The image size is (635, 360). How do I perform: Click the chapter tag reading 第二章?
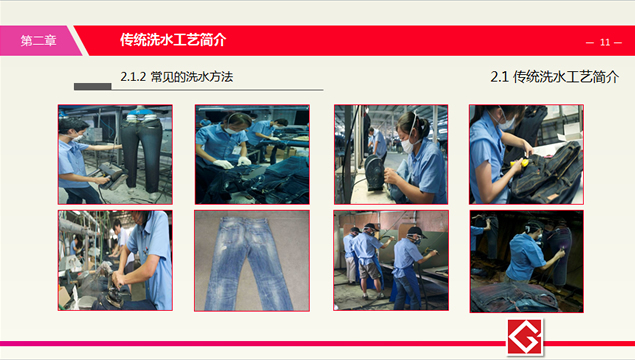coord(38,40)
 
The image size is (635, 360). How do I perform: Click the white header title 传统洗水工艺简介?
coord(173,40)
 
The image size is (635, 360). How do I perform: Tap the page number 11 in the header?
coord(604,42)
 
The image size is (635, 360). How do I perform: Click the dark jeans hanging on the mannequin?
coord(139,150)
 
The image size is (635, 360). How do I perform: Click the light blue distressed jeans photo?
coord(251,261)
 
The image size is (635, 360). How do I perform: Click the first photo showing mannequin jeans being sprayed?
coord(114,154)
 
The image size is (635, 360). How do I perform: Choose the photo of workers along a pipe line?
coord(114,261)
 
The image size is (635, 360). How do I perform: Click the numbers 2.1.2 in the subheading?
coord(133,76)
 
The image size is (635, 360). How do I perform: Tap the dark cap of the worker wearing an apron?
coord(415,234)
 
